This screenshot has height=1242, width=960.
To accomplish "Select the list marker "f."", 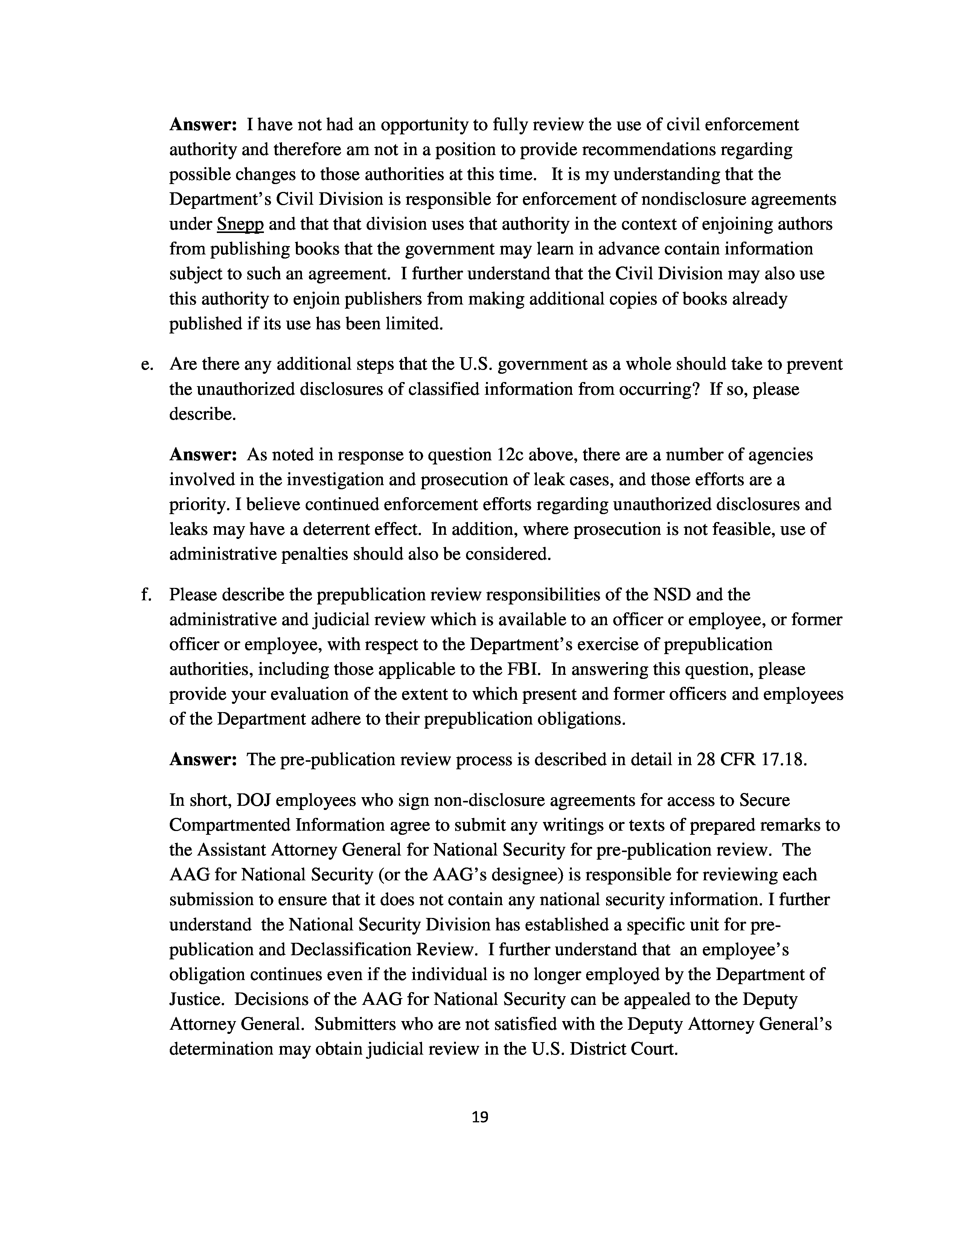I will (147, 595).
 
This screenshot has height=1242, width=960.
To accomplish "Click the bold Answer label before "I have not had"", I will (203, 125).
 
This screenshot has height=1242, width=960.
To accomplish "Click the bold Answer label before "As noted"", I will (203, 455).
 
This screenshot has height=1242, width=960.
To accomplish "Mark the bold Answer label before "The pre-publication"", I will (203, 760).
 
